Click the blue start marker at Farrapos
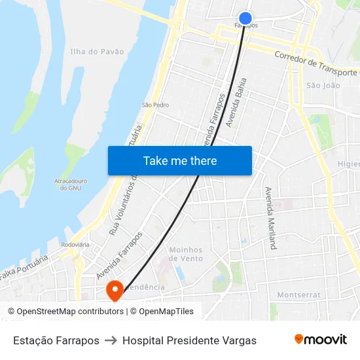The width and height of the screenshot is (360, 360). (x=245, y=18)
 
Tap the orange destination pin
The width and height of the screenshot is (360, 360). (x=115, y=289)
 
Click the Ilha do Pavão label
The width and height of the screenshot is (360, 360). (x=97, y=51)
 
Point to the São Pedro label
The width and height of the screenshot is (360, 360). (x=156, y=105)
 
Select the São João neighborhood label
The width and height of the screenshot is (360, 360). (x=323, y=85)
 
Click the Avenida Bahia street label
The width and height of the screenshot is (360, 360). (x=236, y=102)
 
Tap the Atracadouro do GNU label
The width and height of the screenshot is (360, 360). (x=70, y=184)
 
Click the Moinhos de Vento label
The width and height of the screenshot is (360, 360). (x=186, y=254)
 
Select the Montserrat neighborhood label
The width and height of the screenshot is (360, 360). (x=298, y=295)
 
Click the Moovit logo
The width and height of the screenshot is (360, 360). (x=321, y=340)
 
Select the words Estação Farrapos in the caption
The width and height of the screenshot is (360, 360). (x=56, y=340)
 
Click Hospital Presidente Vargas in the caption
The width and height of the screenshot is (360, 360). (x=189, y=340)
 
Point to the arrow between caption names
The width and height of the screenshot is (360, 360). (x=111, y=340)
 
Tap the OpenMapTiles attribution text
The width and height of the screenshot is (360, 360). (x=166, y=312)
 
